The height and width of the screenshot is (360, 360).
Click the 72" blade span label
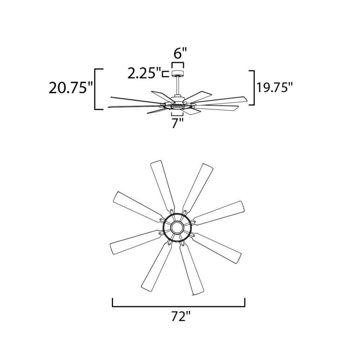point(181,316)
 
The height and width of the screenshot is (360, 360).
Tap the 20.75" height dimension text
point(71,87)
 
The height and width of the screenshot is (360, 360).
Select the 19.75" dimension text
point(275,87)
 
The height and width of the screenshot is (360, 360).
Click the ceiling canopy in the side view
point(178,73)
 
